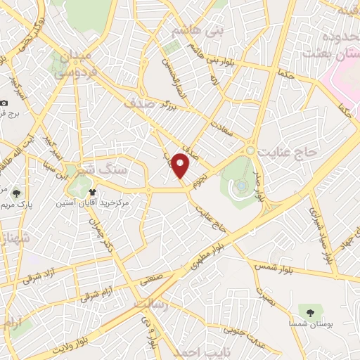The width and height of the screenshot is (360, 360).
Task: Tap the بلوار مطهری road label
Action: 211,256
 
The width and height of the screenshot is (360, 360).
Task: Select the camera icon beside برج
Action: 4,103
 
